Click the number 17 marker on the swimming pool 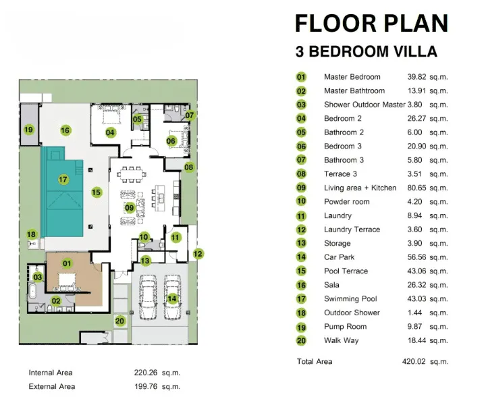pyautogui.click(x=63, y=179)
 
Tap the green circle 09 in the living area pyautogui.click(x=130, y=208)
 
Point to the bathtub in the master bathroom pyautogui.click(x=33, y=291)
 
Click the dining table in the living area pyautogui.click(x=132, y=176)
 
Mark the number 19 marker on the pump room pyautogui.click(x=28, y=129)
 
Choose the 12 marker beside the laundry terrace pyautogui.click(x=198, y=254)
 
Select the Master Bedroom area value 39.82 pyautogui.click(x=416, y=77)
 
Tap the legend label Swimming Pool pyautogui.click(x=350, y=298)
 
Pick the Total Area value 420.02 pyautogui.click(x=414, y=361)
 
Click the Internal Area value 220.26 pyautogui.click(x=146, y=373)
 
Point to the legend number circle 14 pyautogui.click(x=301, y=257)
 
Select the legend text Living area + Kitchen pyautogui.click(x=360, y=188)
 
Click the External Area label pyautogui.click(x=52, y=386)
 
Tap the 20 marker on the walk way pyautogui.click(x=119, y=321)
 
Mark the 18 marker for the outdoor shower pyautogui.click(x=31, y=234)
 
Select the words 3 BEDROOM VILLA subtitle pyautogui.click(x=367, y=51)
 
